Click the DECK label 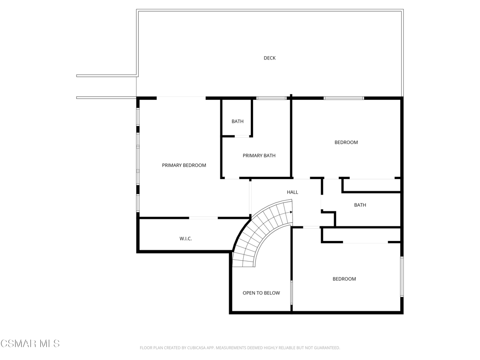point(270,58)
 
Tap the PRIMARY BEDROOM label point(184,165)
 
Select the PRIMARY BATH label point(259,156)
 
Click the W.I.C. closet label point(186,239)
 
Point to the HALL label point(292,192)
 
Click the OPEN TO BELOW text point(261,293)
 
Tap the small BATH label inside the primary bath point(238,121)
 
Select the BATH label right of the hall point(360,205)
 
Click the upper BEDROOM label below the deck point(346,142)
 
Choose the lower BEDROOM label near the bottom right point(345,279)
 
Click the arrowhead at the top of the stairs point(291,211)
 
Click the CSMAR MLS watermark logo point(30,344)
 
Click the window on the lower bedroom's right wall point(402,277)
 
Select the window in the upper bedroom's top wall point(344,98)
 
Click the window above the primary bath point(271,98)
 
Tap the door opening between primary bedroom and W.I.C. point(203,218)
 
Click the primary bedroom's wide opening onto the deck point(181,98)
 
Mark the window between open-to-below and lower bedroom point(292,292)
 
